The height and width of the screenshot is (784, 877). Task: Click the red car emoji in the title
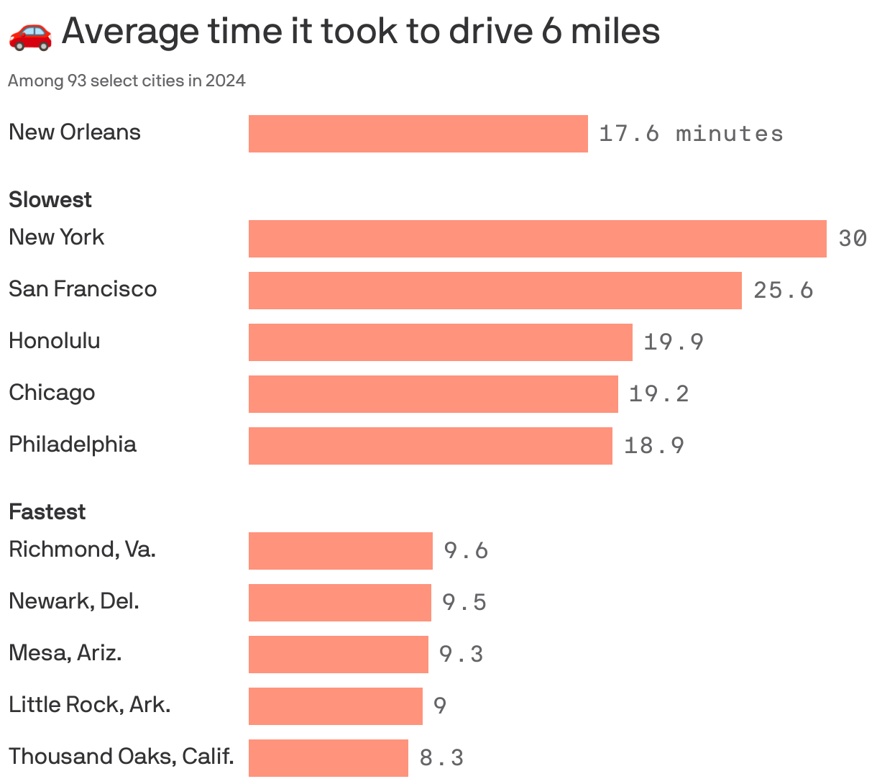pos(30,34)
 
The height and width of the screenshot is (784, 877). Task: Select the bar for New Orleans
pos(418,134)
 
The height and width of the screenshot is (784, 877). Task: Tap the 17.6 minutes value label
pos(690,134)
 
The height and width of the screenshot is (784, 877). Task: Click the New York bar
pos(537,239)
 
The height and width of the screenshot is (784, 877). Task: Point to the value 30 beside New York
pos(852,239)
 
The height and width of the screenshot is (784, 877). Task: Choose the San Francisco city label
pos(83,289)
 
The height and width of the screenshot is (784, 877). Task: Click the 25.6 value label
pos(783,291)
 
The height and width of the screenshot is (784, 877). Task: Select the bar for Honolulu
pos(440,342)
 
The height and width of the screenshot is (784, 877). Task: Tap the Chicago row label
pos(52,393)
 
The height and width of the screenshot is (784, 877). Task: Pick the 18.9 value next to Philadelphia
pos(653,446)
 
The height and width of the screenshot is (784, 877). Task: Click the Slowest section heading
pos(50,199)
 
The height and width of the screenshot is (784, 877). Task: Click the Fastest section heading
pos(47,511)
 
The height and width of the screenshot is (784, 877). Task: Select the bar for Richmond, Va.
pos(340,551)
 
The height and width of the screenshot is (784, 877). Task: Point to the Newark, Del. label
pos(74,601)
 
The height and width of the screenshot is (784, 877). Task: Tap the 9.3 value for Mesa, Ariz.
pos(461,655)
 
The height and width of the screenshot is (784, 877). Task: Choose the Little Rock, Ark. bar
pos(335,706)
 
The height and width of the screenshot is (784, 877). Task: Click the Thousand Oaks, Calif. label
pos(121,757)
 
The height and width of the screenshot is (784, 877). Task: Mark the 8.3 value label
pos(441,758)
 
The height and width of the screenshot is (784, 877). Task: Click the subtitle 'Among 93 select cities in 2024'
pos(127,81)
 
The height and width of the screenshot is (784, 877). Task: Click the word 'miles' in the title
pos(615,32)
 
